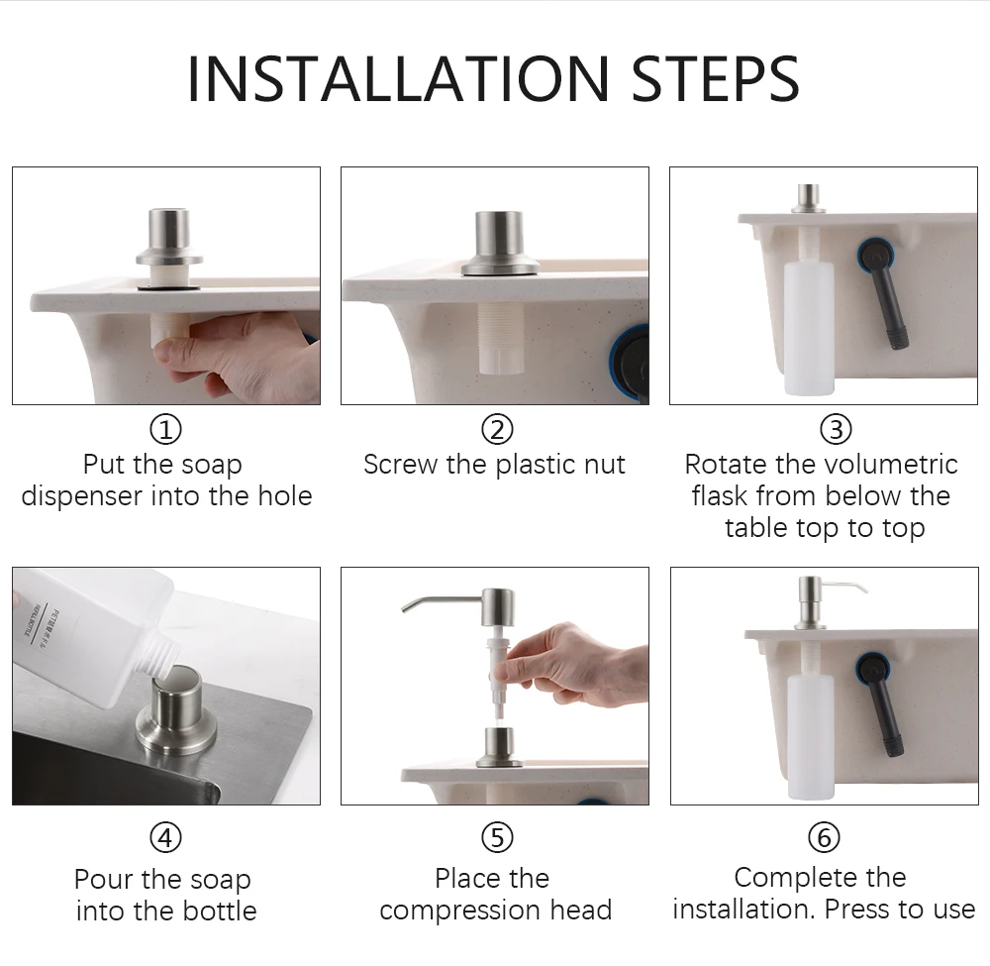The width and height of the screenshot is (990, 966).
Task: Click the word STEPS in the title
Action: point(716,79)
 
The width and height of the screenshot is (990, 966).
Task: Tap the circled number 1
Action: point(165,430)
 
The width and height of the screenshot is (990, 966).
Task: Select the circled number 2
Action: point(498,430)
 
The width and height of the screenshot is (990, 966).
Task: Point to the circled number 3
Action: point(836,430)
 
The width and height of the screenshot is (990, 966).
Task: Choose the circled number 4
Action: point(165,838)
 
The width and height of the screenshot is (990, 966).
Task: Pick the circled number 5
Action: point(498,838)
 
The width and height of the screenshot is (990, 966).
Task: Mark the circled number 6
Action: point(824,838)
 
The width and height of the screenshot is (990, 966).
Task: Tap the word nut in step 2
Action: point(604,466)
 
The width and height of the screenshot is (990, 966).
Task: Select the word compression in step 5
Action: point(460,912)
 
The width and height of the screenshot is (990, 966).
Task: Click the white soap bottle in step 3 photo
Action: point(809,329)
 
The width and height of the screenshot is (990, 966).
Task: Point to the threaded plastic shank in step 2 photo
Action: point(501,338)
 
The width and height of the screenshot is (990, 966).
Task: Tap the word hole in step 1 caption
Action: point(285,496)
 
